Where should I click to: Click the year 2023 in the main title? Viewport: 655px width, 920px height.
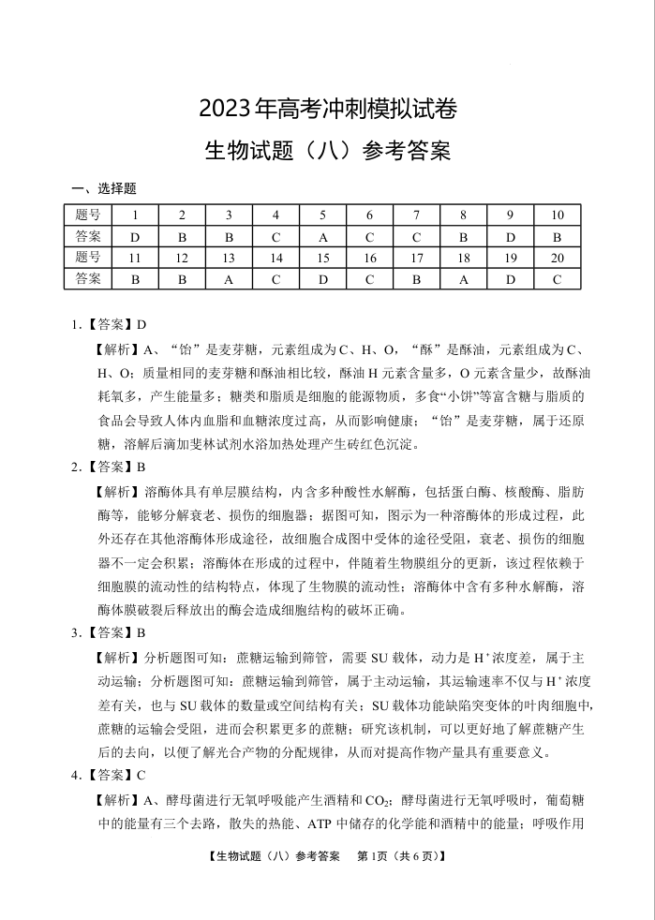point(225,109)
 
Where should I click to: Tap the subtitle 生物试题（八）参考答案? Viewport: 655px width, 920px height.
point(327,150)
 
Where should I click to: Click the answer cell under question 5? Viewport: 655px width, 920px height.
point(323,236)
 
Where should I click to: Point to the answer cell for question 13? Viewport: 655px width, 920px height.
point(229,278)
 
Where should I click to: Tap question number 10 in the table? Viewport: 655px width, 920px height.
point(558,215)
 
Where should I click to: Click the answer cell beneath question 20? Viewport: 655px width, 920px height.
point(558,278)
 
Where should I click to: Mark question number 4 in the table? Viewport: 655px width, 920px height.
point(275,215)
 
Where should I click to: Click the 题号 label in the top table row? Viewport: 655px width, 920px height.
point(88,215)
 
